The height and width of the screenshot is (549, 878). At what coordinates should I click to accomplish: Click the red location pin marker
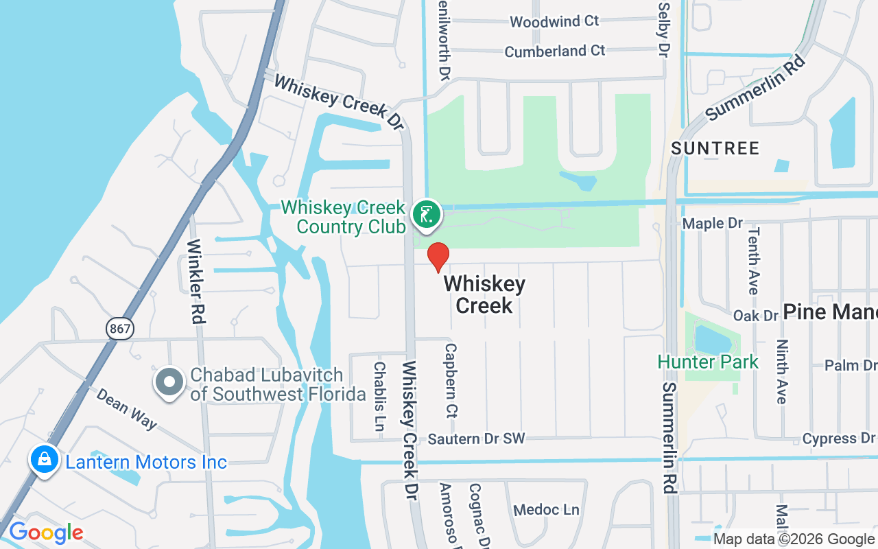pyautogui.click(x=438, y=257)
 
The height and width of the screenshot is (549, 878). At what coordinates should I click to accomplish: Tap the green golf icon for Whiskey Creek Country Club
pyautogui.click(x=426, y=215)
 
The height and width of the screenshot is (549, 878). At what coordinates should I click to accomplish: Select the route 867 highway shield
pyautogui.click(x=120, y=329)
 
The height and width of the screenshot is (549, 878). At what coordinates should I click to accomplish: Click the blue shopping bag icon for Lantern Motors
pyautogui.click(x=44, y=460)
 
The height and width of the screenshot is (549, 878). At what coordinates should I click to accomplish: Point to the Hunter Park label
pyautogui.click(x=708, y=362)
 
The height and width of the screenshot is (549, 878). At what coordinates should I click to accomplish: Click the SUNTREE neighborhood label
pyautogui.click(x=715, y=148)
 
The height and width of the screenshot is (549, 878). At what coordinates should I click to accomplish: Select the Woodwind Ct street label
pyautogui.click(x=554, y=21)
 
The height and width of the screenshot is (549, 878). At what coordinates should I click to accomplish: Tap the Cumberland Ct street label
pyautogui.click(x=555, y=51)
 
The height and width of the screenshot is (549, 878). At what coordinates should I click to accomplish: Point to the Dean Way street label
pyautogui.click(x=126, y=409)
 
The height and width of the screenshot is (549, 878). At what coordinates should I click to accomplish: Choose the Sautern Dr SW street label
pyautogui.click(x=476, y=439)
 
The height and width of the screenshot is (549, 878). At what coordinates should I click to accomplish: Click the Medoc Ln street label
pyautogui.click(x=547, y=510)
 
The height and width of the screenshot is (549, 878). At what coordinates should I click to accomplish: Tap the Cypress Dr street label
pyautogui.click(x=839, y=439)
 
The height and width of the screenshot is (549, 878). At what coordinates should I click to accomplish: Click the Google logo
pyautogui.click(x=46, y=533)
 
